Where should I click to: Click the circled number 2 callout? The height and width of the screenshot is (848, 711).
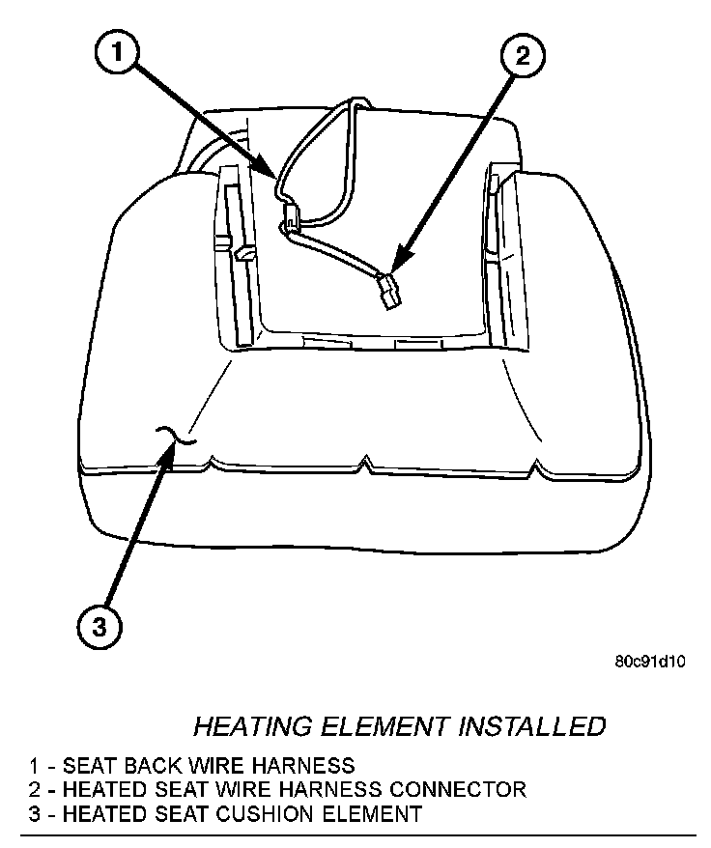522,57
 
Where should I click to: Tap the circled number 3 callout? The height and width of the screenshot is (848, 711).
100,627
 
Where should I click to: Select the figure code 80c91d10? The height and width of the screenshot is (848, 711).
649,664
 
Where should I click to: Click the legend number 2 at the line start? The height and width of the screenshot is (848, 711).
35,790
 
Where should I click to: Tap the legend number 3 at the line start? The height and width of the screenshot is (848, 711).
35,814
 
